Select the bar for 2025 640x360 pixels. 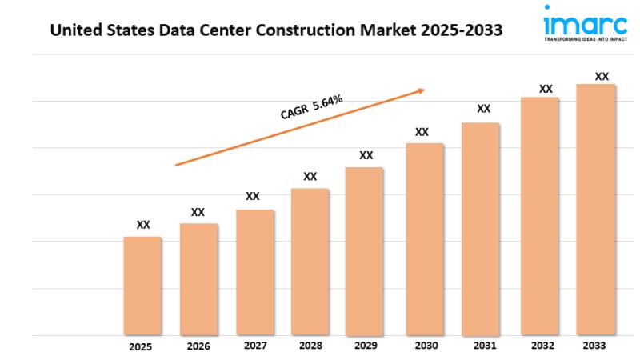142,286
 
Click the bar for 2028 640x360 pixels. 310,262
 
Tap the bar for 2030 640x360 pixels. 425,239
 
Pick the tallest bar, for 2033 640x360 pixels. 596,210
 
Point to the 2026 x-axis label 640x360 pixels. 198,346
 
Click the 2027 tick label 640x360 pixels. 254,346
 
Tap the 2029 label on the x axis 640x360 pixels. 366,346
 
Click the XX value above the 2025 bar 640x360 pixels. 143,225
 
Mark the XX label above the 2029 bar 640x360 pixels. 366,155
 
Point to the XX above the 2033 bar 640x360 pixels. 602,77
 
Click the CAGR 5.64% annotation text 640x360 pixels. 312,107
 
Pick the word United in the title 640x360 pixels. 74,31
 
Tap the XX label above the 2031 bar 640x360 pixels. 483,109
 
